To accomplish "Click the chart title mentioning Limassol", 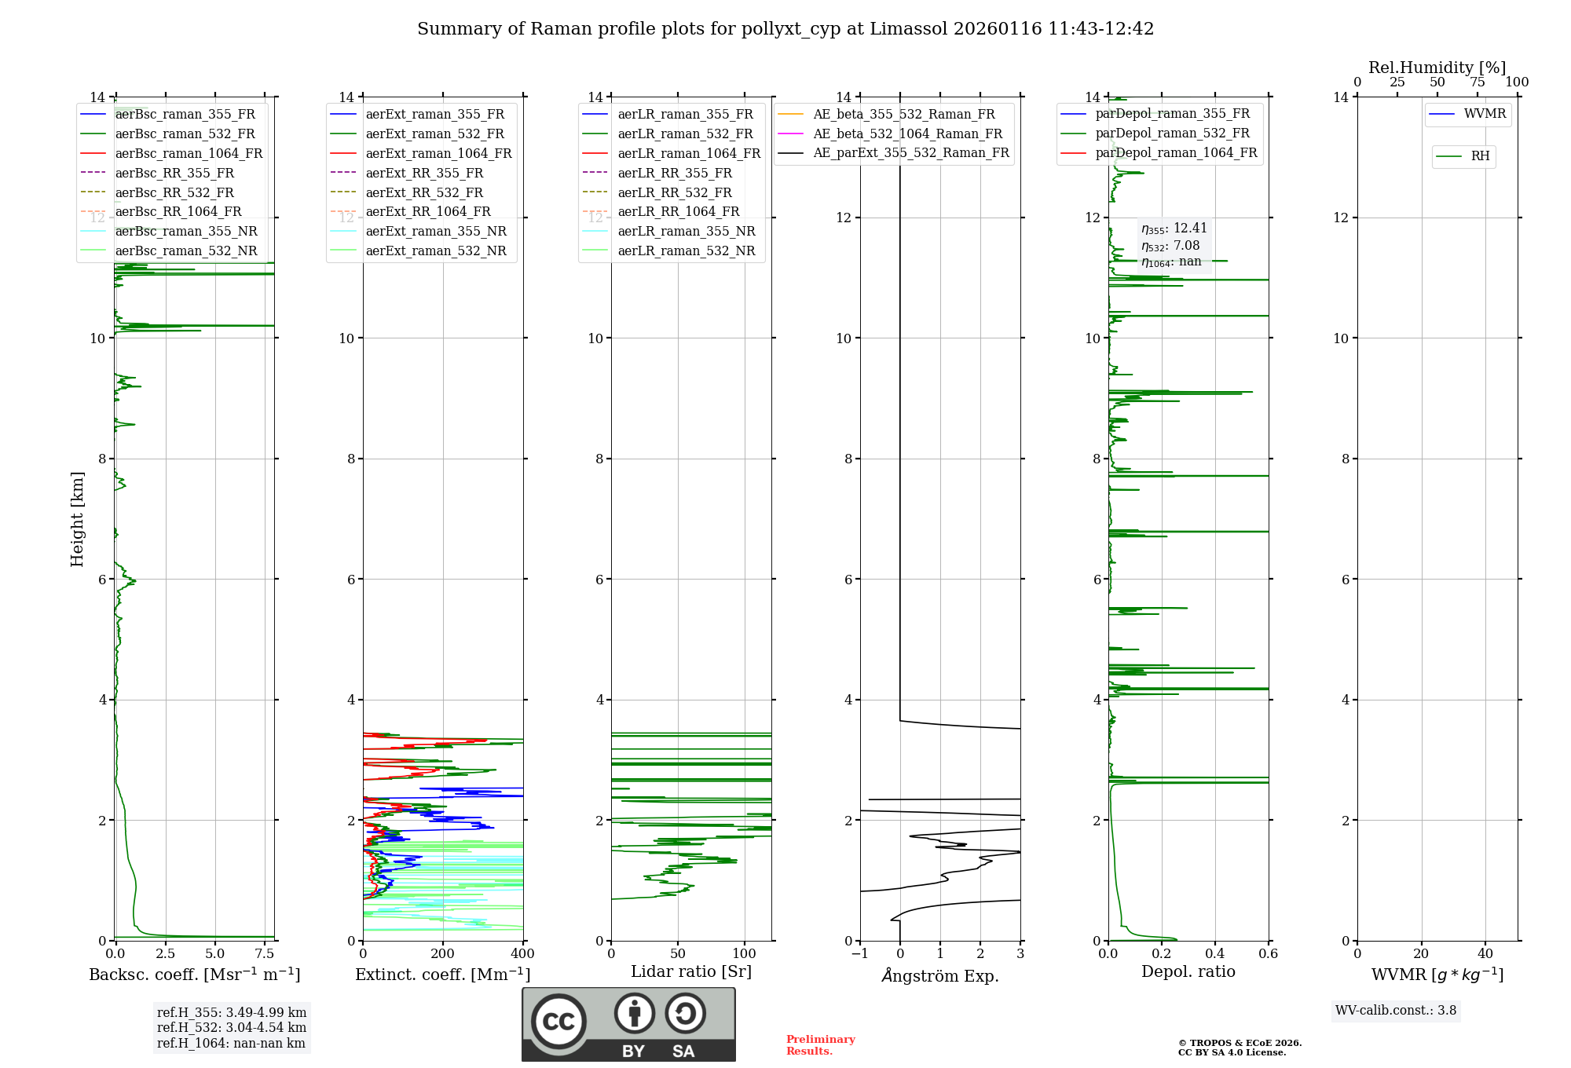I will [785, 29].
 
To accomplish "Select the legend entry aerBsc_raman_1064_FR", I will [189, 153].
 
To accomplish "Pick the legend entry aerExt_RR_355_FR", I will [424, 173].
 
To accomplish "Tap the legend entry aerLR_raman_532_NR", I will [686, 251].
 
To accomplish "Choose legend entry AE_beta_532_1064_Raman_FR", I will [907, 133].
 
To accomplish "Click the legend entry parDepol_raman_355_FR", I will [1172, 114].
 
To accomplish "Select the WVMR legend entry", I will [1485, 114].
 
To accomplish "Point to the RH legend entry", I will [1480, 156].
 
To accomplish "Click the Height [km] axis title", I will [77, 518].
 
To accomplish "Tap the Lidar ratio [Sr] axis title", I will [691, 971].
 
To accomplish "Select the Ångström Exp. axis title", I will [940, 975].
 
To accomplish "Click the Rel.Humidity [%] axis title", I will [1437, 68].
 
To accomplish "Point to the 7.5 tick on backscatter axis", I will [265, 954].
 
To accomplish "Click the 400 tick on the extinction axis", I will [523, 954].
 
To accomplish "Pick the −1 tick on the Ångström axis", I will [860, 954].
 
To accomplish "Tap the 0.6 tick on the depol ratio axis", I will [1269, 954].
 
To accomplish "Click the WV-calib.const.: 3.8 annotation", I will [1396, 1011].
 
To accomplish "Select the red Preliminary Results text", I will [820, 1044].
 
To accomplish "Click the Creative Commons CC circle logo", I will [558, 1021].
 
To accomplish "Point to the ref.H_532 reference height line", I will [231, 1027].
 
